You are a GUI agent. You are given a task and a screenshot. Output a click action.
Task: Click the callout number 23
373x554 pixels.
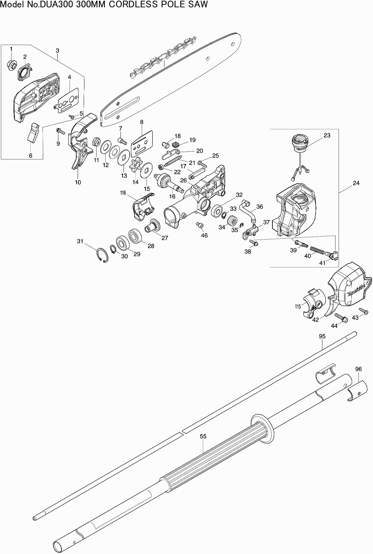pos(327,135)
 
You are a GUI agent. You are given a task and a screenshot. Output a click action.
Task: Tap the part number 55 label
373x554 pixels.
pos(203,437)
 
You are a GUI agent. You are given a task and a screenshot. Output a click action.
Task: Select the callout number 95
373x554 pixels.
pos(322,336)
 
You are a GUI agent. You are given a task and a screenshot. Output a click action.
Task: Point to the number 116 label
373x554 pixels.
pos(123,193)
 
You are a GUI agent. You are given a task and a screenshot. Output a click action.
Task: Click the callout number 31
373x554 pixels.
pos(80,241)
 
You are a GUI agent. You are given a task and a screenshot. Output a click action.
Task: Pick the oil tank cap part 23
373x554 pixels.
pos(300,141)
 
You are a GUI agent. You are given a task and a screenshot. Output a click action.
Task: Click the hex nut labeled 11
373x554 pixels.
pos(96,141)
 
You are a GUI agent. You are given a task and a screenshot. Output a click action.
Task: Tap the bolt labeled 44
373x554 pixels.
pos(341,318)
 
